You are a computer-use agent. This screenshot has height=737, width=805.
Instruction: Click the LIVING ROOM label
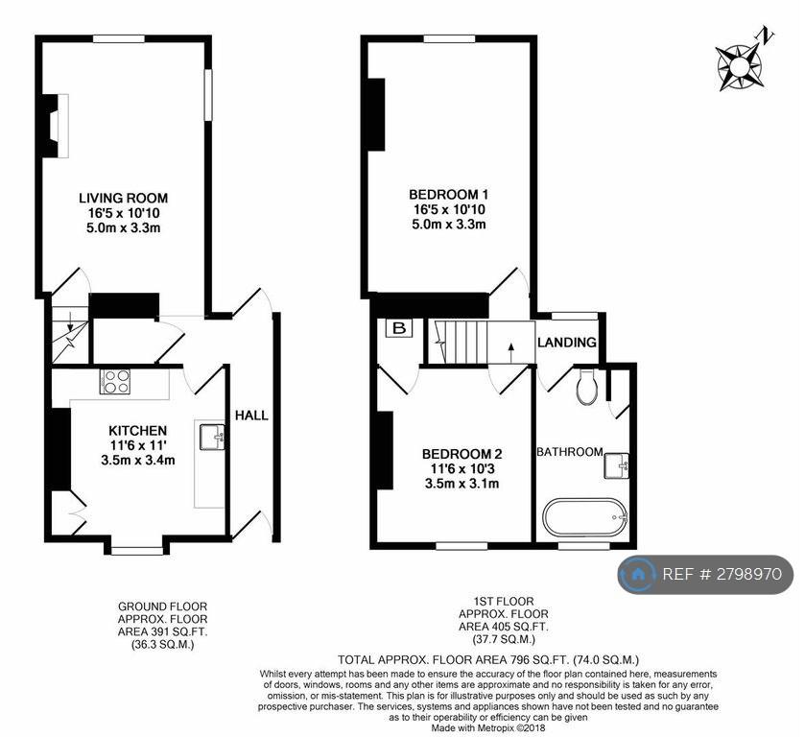[123, 198]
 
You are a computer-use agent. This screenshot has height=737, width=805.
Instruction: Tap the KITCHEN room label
[137, 430]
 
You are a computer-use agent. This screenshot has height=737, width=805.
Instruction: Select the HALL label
[251, 415]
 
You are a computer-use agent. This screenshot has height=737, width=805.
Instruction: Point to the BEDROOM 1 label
[449, 194]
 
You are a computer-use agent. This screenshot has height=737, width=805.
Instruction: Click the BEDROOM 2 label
[462, 454]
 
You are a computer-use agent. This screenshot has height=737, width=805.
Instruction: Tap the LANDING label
[567, 342]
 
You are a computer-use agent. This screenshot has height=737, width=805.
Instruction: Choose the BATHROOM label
[569, 451]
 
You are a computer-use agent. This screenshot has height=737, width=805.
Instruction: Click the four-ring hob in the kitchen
[115, 382]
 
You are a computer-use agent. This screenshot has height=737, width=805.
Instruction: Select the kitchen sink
[212, 437]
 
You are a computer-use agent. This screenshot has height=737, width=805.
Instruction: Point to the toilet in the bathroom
[587, 385]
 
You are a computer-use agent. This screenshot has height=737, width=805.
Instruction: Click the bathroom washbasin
[616, 465]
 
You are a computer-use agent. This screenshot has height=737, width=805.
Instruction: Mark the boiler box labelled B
[399, 329]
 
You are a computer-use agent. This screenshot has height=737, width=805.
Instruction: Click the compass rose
[740, 65]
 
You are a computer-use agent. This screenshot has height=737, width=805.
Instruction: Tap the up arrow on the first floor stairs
[510, 352]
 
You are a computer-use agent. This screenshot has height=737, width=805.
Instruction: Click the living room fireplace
[55, 126]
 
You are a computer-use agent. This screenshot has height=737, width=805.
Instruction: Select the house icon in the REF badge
[637, 574]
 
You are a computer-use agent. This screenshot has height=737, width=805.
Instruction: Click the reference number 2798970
[748, 574]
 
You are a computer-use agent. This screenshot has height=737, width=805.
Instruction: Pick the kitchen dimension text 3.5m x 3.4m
[137, 461]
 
